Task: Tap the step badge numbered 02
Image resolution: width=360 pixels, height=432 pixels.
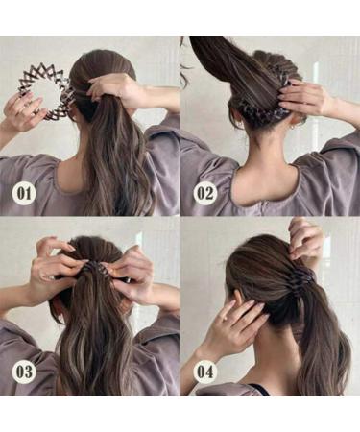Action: point(204,192)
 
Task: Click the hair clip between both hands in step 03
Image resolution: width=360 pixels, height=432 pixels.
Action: point(96,268)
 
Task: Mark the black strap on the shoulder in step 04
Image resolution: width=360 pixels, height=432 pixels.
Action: point(257,390)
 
